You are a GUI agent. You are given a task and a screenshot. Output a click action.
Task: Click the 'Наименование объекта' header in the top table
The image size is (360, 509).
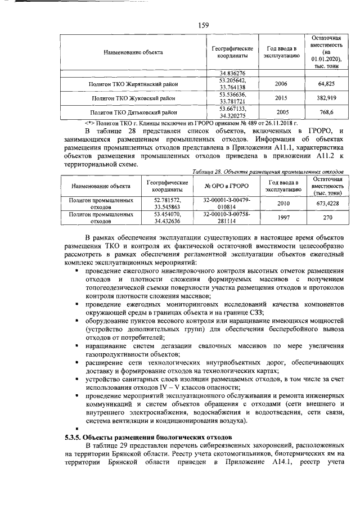coord(133,52)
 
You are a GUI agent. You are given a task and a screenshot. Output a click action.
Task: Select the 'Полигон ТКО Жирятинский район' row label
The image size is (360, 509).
coord(133,84)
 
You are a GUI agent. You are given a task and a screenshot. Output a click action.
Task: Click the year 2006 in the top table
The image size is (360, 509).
coord(281,84)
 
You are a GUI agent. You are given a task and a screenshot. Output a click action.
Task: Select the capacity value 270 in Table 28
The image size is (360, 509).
coord(327,218)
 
